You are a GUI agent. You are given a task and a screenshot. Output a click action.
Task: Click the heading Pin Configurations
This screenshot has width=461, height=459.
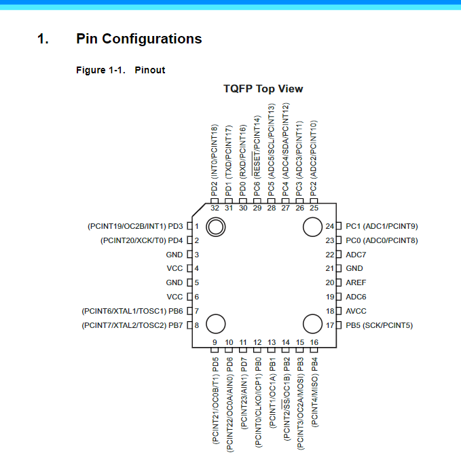(139, 39)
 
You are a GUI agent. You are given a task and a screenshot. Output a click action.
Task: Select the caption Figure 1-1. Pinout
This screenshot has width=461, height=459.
(120, 70)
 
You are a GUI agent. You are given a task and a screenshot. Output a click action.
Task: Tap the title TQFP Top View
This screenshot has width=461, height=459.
(263, 89)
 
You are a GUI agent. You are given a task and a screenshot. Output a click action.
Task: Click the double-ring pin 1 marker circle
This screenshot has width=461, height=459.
(216, 228)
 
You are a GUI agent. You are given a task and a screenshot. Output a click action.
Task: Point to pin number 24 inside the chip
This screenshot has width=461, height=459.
(330, 226)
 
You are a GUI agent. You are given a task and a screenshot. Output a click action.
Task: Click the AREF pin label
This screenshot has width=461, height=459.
(356, 282)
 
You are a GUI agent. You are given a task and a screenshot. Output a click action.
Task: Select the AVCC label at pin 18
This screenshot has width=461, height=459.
(356, 311)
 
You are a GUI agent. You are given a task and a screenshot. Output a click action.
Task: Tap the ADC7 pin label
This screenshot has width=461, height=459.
(356, 255)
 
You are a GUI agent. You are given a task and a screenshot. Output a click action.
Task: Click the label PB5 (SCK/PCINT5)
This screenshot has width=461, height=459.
(379, 325)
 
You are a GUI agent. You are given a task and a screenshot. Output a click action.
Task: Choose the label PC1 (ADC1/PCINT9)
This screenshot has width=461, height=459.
(382, 226)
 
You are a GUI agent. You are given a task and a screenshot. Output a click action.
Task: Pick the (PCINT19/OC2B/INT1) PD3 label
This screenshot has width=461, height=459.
(135, 226)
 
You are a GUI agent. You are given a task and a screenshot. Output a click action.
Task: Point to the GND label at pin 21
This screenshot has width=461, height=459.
(354, 269)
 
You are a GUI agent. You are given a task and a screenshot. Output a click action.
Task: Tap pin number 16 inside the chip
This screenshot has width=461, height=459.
(314, 342)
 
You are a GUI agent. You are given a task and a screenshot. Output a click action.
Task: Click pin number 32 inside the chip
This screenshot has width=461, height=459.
(215, 208)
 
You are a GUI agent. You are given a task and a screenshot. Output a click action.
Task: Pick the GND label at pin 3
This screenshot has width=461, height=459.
(174, 255)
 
